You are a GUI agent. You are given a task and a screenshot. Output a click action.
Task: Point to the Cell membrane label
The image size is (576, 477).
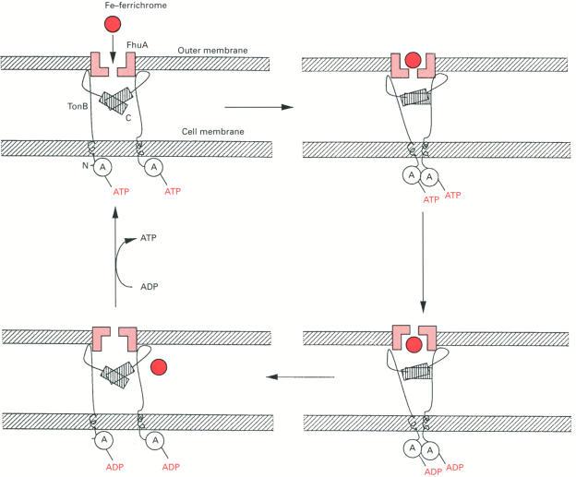pyautogui.click(x=211, y=132)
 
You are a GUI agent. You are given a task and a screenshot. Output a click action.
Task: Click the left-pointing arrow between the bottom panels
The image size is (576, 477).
pyautogui.click(x=300, y=376)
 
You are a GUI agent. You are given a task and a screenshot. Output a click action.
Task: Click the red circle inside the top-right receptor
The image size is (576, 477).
pyautogui.click(x=413, y=64)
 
